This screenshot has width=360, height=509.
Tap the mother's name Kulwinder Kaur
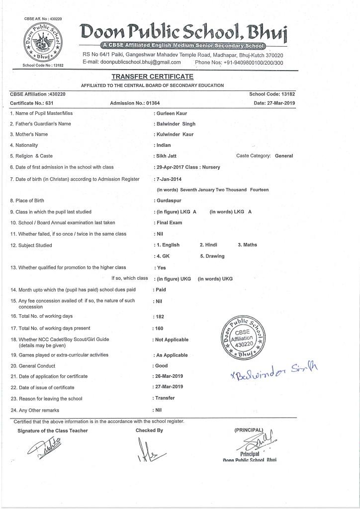[x=176, y=134]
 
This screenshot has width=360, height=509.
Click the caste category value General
[x=284, y=156]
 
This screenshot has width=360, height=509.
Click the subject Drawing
[x=212, y=256]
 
